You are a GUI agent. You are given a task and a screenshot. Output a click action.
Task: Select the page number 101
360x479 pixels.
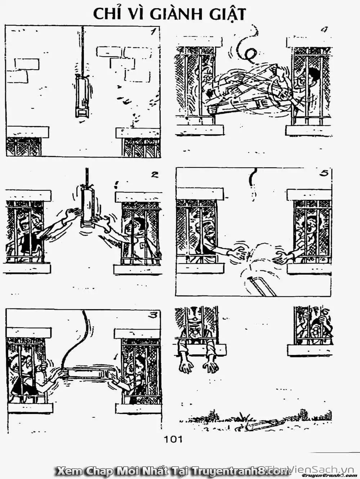173,439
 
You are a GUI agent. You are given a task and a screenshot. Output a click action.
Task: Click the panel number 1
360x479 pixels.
153,31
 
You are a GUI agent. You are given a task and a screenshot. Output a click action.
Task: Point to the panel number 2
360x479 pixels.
154,175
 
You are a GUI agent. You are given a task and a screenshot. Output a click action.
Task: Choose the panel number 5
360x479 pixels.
323,173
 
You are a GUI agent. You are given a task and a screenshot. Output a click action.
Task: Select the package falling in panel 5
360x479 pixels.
258,286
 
